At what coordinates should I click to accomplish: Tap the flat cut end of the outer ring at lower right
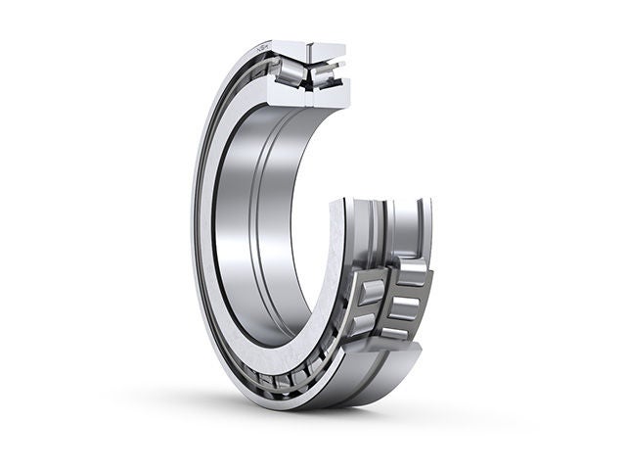coord(412,352)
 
